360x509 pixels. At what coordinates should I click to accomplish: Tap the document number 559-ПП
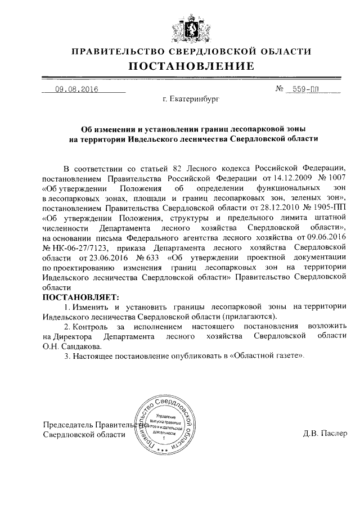coord(301,89)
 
